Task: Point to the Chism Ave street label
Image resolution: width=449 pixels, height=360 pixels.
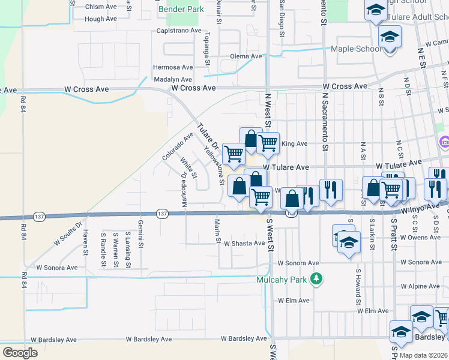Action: coord(101,7)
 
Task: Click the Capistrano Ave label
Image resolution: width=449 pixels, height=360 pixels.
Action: coord(178,30)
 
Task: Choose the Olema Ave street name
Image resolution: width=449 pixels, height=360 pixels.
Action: coord(246,56)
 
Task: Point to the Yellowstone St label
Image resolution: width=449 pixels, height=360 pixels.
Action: coord(214,166)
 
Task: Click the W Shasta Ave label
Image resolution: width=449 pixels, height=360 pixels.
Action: coord(244,244)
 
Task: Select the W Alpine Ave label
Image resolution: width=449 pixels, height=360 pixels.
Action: coord(424,287)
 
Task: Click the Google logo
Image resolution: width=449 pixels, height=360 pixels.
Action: coord(20,352)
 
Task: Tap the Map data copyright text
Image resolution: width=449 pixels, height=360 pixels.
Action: coord(423,355)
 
